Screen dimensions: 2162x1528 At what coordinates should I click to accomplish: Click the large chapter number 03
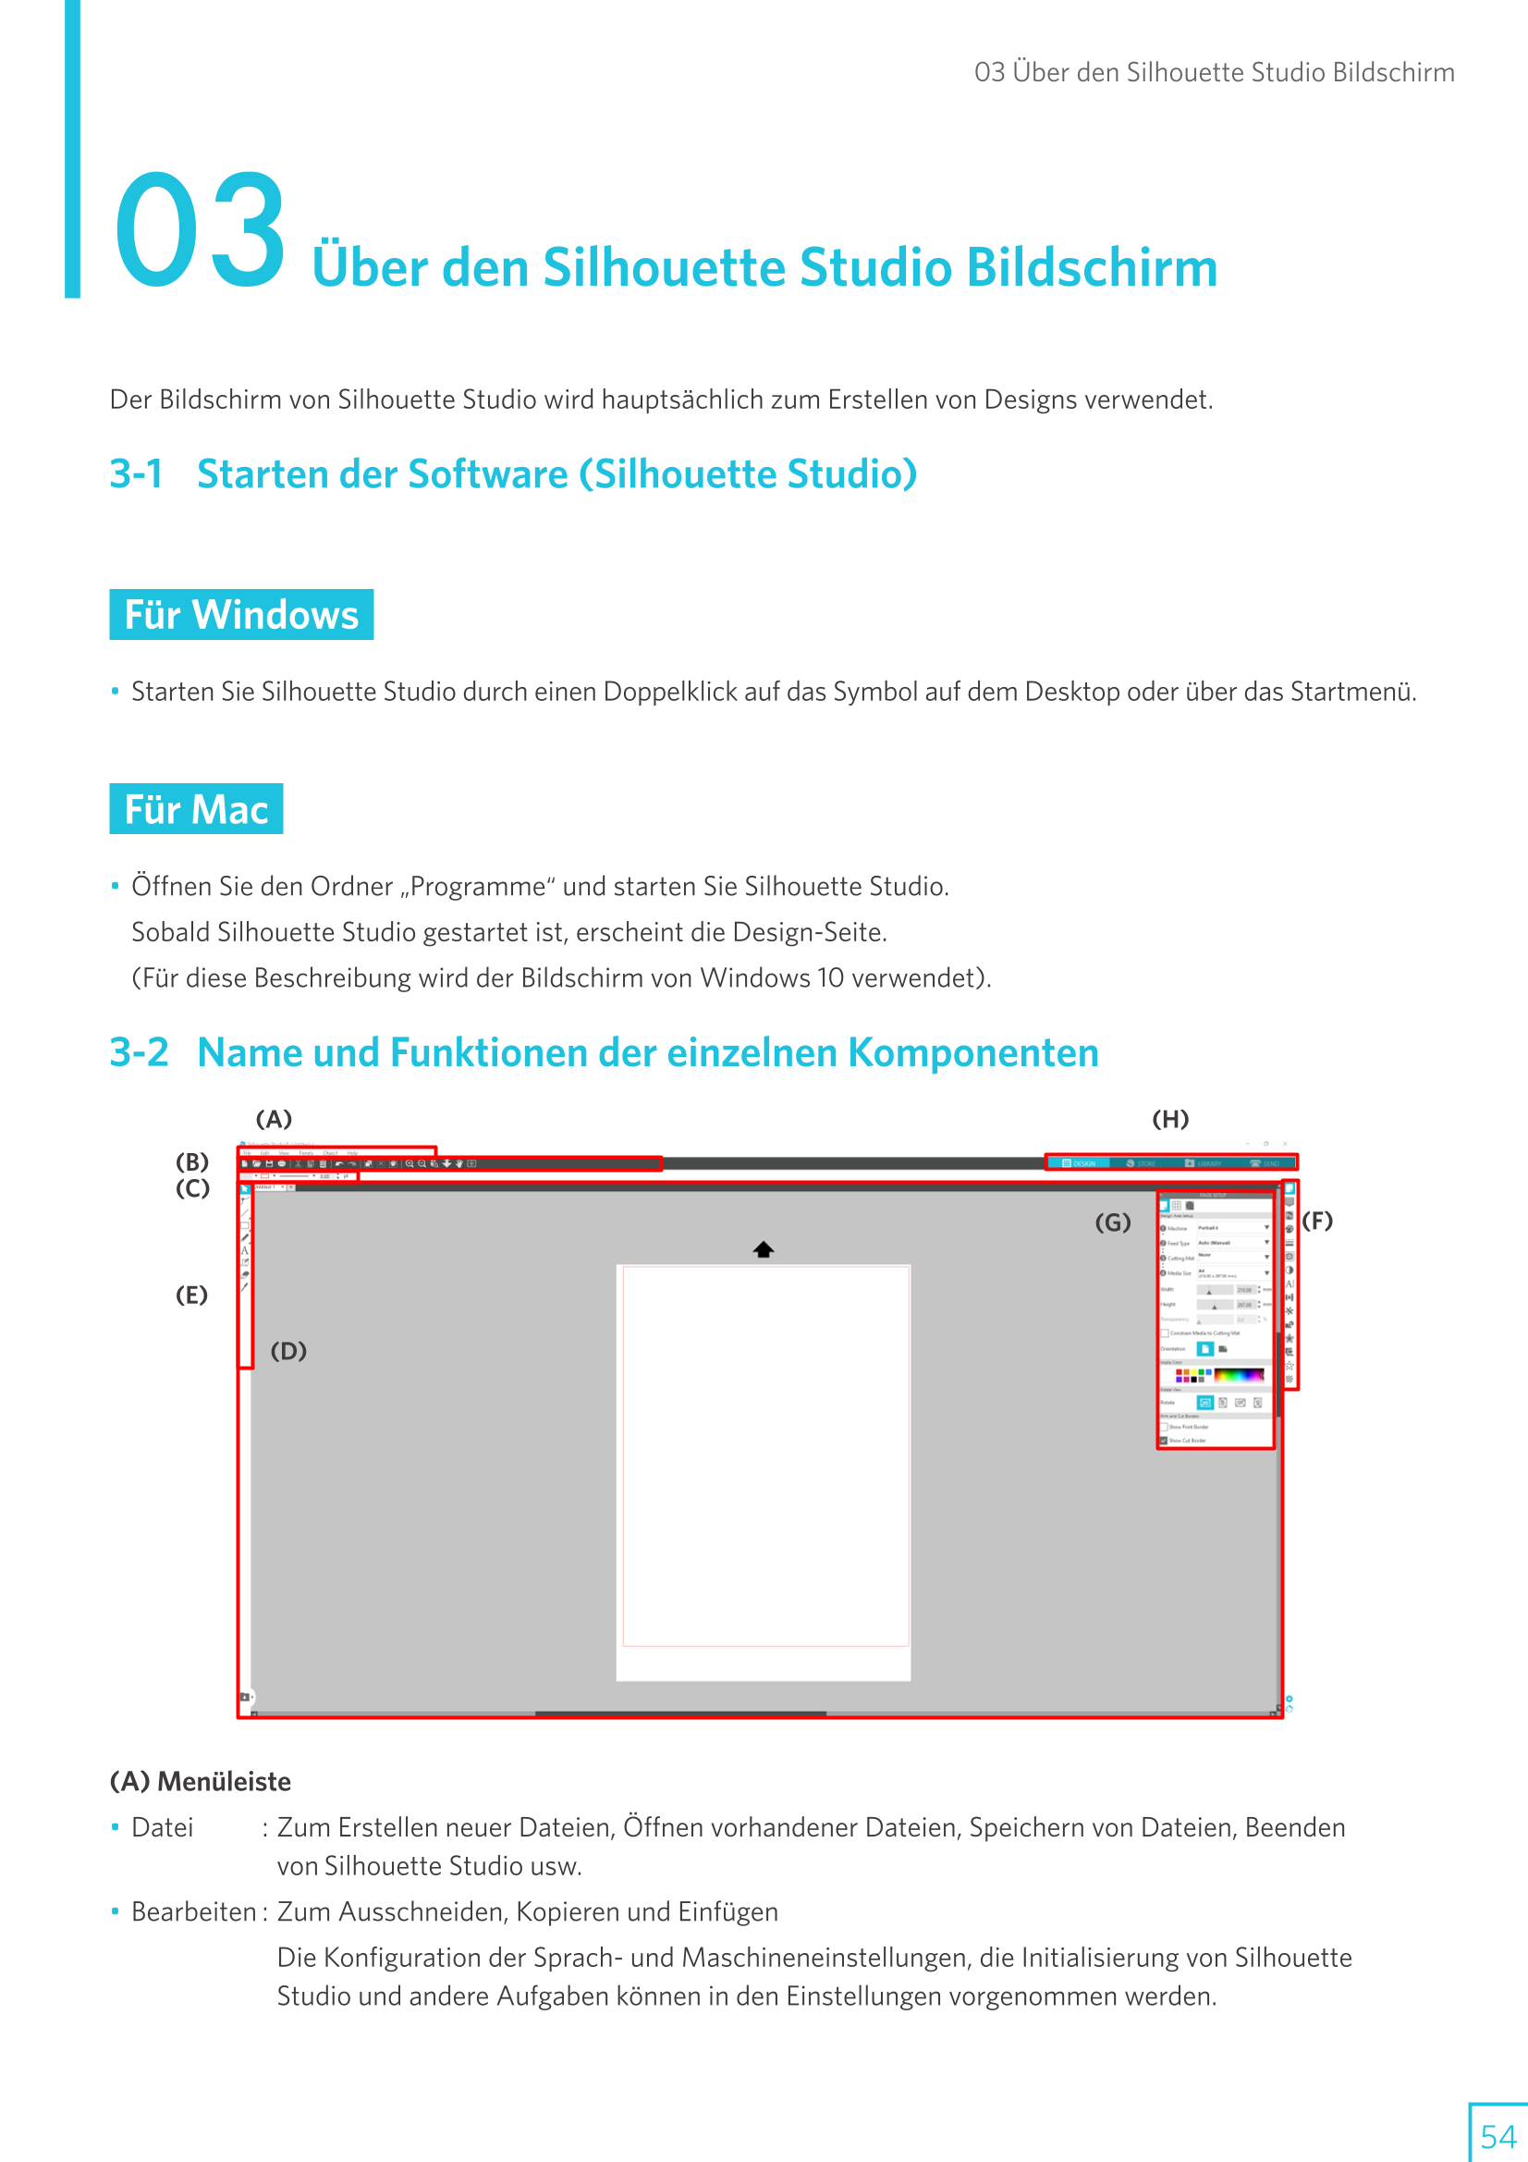[200, 230]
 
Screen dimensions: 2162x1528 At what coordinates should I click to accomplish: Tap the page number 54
[1497, 2135]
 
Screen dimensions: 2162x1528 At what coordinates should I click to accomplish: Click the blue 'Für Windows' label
[241, 615]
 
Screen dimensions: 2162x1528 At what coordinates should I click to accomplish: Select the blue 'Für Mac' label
[196, 809]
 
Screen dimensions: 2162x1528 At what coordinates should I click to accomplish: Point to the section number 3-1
[137, 473]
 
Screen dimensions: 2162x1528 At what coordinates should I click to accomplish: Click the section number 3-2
[139, 1051]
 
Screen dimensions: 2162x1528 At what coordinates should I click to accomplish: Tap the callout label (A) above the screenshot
[274, 1119]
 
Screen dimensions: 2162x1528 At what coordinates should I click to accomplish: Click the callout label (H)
[1170, 1119]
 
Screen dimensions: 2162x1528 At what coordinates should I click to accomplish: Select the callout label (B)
[192, 1161]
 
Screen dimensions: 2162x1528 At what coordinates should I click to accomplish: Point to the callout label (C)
[192, 1188]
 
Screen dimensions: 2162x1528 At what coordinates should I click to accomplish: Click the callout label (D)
[288, 1351]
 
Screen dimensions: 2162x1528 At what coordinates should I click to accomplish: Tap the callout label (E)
[191, 1295]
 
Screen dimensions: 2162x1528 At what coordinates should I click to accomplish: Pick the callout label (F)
[1317, 1222]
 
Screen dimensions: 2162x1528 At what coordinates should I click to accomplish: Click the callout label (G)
[1112, 1222]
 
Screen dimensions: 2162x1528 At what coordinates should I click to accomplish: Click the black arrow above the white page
[764, 1249]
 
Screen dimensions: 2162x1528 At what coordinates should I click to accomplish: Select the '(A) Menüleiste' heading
[201, 1782]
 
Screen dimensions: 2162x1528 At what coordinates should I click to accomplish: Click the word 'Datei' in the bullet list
[162, 1828]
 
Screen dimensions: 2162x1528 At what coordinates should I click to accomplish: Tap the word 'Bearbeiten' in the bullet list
[193, 1911]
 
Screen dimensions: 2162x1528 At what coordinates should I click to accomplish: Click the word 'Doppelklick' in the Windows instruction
[669, 692]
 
